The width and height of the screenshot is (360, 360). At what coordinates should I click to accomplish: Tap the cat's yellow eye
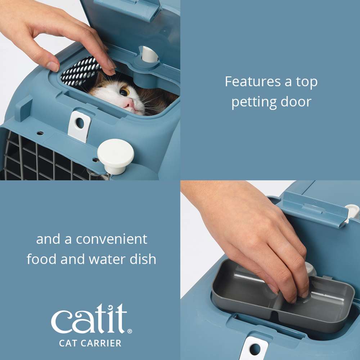pyautogui.click(x=124, y=92)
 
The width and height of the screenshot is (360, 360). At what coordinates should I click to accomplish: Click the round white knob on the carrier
pyautogui.click(x=115, y=152)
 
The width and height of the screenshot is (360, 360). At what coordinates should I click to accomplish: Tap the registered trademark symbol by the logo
pyautogui.click(x=130, y=331)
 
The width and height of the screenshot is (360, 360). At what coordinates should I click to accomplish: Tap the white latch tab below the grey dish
pyautogui.click(x=254, y=348)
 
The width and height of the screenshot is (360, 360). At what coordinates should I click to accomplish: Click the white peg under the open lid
pyautogui.click(x=149, y=54)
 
